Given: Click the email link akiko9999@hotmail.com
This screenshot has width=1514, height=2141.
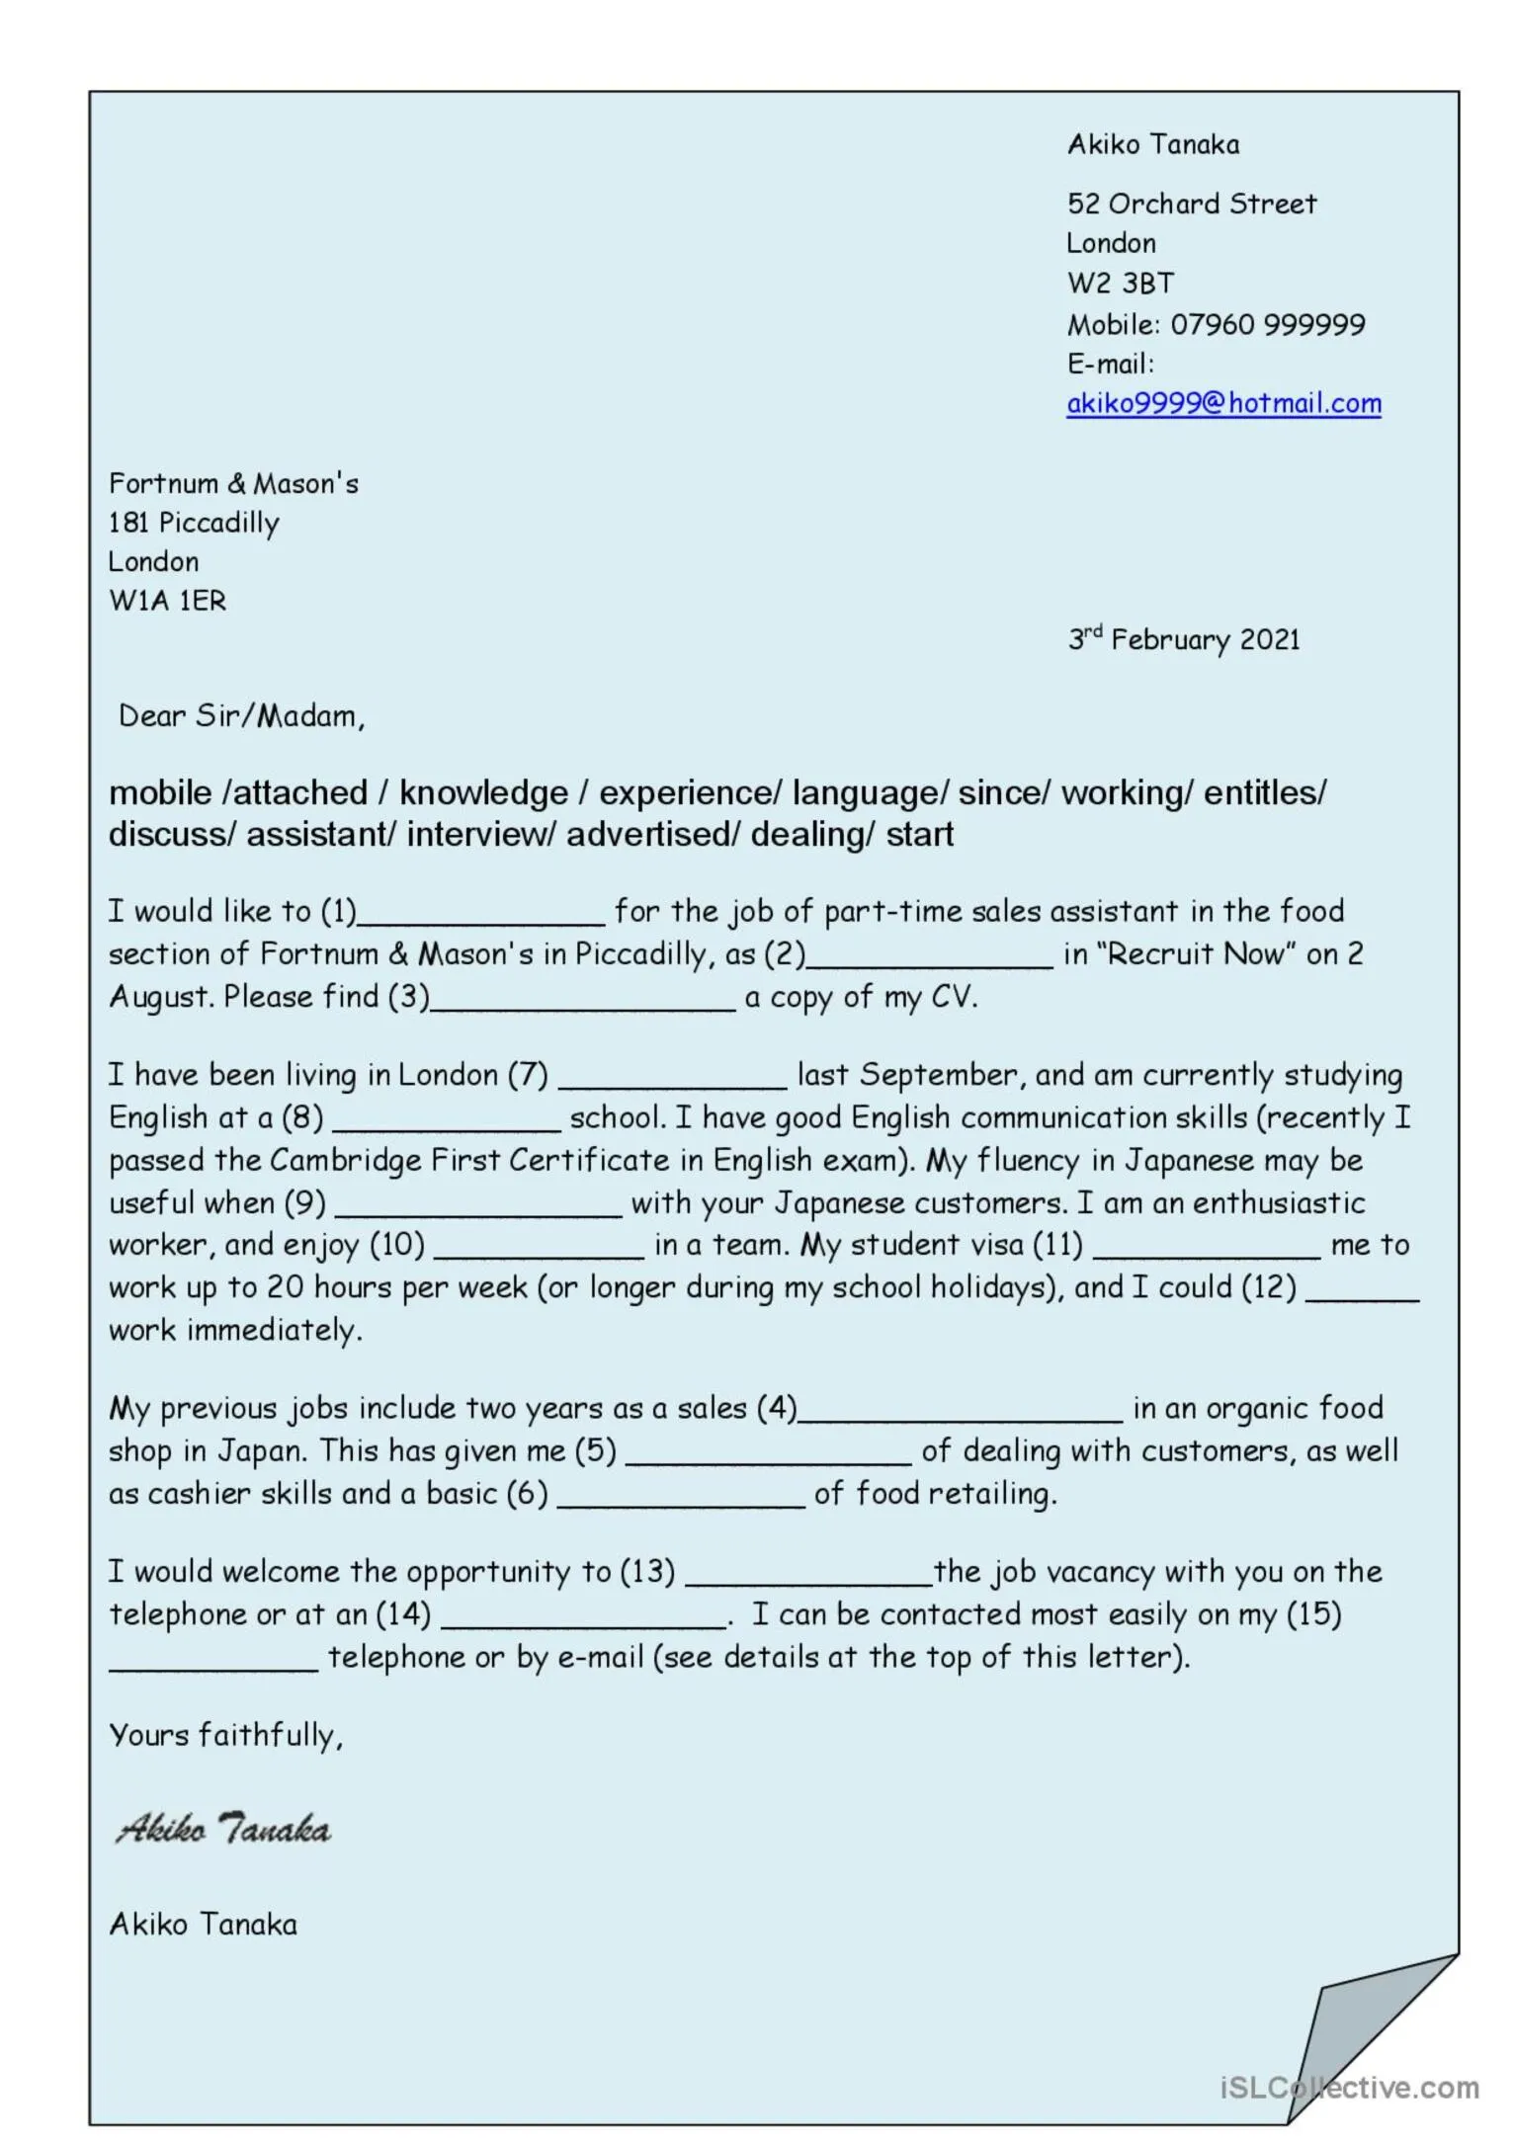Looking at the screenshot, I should click(x=1222, y=403).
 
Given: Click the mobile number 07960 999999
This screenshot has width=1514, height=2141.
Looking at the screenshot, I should click(x=1267, y=324).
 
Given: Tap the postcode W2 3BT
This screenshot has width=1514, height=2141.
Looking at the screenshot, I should click(x=1120, y=284).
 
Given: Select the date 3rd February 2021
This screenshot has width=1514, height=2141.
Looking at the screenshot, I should click(x=1183, y=639).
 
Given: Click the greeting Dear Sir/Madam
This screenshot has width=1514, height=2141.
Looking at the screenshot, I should click(x=241, y=716).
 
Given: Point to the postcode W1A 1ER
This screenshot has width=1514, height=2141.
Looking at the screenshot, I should click(x=167, y=601).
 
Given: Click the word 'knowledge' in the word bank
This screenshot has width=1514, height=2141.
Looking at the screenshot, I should click(x=483, y=792).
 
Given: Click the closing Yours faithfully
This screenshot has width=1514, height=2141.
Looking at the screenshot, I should click(x=225, y=1735).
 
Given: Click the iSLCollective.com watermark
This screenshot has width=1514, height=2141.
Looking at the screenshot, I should click(x=1349, y=2087).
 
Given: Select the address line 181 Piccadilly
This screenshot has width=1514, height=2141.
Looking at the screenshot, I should click(x=194, y=523).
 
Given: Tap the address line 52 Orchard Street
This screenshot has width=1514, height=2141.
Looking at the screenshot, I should click(x=1191, y=204).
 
